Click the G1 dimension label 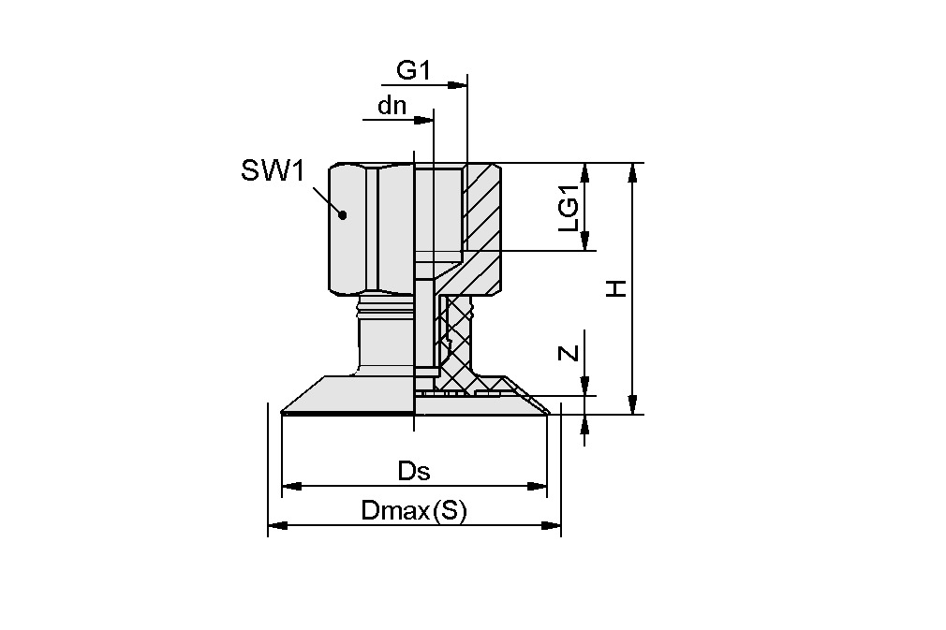(x=413, y=70)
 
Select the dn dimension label (x=392, y=105)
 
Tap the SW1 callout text (x=273, y=170)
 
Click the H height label (x=615, y=288)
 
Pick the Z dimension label (x=567, y=353)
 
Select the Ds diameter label (x=413, y=471)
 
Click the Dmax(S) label (x=413, y=511)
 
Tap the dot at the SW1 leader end (x=343, y=214)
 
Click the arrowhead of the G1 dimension (x=458, y=85)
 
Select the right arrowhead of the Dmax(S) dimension (x=553, y=526)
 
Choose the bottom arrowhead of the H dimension (x=634, y=405)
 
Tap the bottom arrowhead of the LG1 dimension (x=586, y=242)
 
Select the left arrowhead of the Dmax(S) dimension (x=277, y=526)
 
